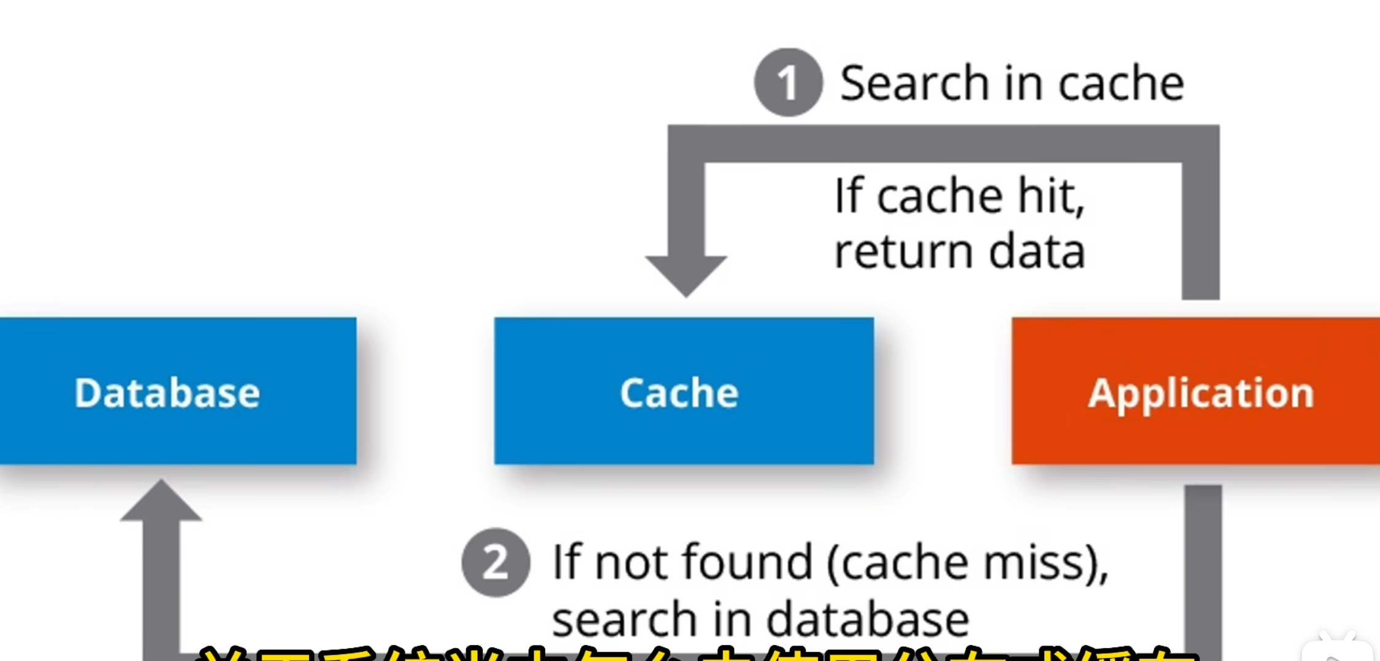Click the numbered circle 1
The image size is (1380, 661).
(x=788, y=82)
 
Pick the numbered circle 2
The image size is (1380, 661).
(x=496, y=562)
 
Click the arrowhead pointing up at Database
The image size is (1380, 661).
(x=161, y=502)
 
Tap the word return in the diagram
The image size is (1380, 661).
(x=903, y=252)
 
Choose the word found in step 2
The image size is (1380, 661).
(x=747, y=562)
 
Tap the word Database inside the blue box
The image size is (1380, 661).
(x=167, y=393)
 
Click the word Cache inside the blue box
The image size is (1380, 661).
(x=679, y=393)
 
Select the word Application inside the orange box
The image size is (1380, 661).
(x=1201, y=393)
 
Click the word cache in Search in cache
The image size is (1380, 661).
(x=1121, y=83)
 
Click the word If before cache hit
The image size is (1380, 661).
(x=849, y=196)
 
